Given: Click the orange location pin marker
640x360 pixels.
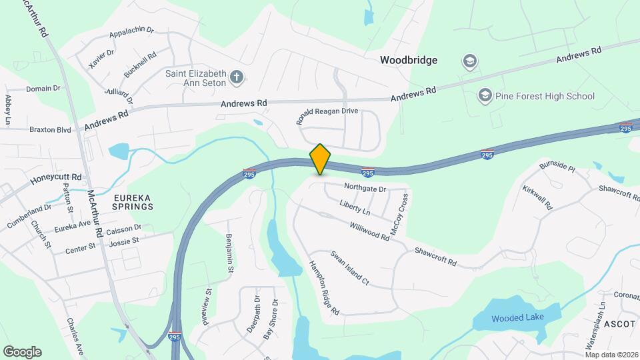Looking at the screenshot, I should [321, 159].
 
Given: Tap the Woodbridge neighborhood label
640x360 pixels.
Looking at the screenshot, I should [409, 60].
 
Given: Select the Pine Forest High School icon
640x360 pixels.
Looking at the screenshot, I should [485, 96].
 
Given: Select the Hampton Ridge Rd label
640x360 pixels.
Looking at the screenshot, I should [324, 287].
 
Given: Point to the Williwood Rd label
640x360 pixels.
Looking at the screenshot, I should [367, 231].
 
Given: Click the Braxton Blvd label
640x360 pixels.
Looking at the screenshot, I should [50, 130].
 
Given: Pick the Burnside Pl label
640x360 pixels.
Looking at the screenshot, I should [557, 166].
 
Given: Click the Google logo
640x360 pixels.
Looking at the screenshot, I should [22, 352].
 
